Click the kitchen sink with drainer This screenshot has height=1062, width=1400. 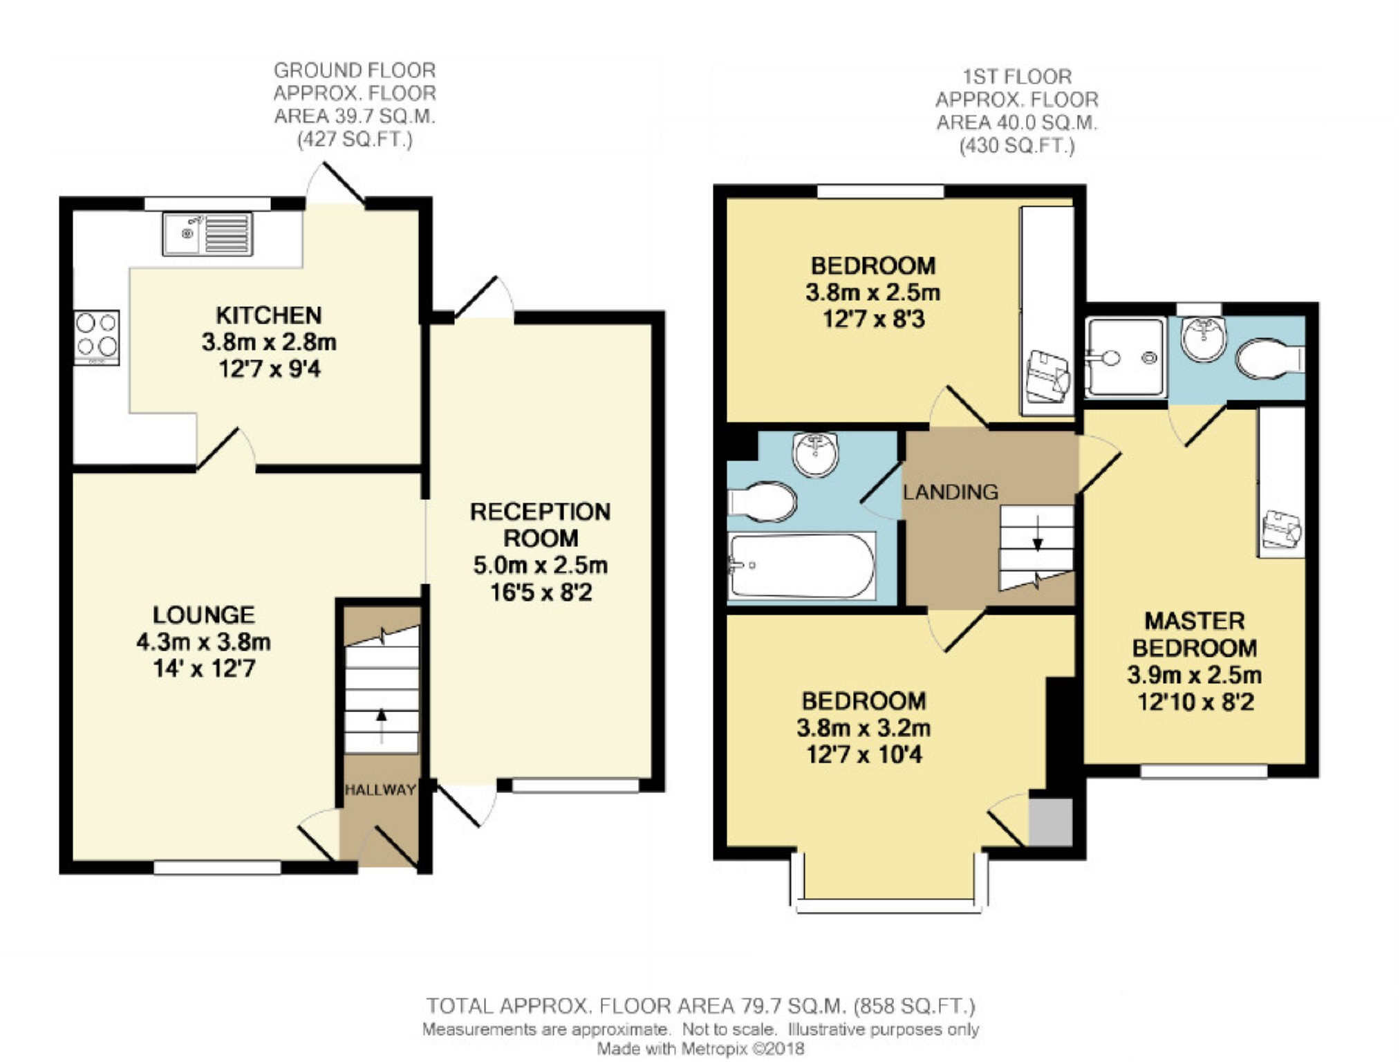pyautogui.click(x=207, y=234)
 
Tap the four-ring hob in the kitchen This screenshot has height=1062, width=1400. pyautogui.click(x=97, y=337)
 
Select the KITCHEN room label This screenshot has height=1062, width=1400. pyautogui.click(x=269, y=315)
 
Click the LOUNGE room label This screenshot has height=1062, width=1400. pyautogui.click(x=204, y=615)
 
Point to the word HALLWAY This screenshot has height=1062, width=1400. pyautogui.click(x=380, y=790)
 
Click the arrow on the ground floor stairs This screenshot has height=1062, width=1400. pyautogui.click(x=381, y=725)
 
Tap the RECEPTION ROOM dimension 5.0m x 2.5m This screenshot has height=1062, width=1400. pyautogui.click(x=541, y=565)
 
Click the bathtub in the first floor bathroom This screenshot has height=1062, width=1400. pyautogui.click(x=802, y=565)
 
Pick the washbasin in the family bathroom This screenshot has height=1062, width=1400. pyautogui.click(x=816, y=454)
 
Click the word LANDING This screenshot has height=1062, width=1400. pyautogui.click(x=951, y=492)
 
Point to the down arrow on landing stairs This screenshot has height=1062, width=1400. pyautogui.click(x=1037, y=533)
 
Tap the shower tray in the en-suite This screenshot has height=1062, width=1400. pyautogui.click(x=1125, y=357)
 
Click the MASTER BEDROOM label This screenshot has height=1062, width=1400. pyautogui.click(x=1195, y=634)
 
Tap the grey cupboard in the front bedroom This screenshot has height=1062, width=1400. pyautogui.click(x=1051, y=822)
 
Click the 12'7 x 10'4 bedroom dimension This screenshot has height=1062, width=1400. pyautogui.click(x=864, y=754)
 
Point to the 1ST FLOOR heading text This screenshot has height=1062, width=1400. pyautogui.click(x=1017, y=76)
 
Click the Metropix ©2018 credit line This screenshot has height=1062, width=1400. pyautogui.click(x=701, y=1049)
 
